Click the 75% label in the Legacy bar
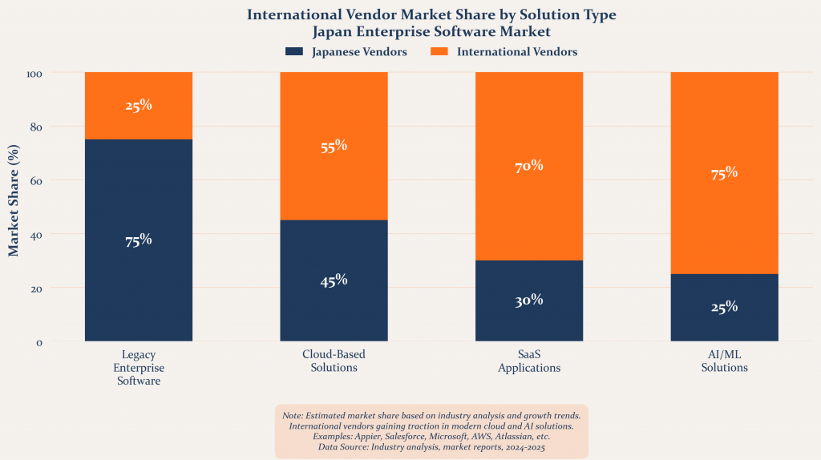coord(139,240)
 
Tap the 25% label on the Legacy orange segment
coord(139,106)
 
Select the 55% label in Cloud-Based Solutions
coord(334,146)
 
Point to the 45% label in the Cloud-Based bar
coord(334,280)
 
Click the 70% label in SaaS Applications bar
coord(529,167)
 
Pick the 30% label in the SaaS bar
coord(529,301)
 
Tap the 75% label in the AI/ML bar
coord(724,173)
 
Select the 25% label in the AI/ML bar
coord(724,308)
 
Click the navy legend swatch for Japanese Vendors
coord(293,52)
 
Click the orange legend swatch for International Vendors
coord(439,52)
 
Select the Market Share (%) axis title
coord(14,200)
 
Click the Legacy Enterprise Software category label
coord(139,368)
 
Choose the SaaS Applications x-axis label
coord(529,361)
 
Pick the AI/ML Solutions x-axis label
coord(724,361)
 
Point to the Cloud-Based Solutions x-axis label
coord(334,361)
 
